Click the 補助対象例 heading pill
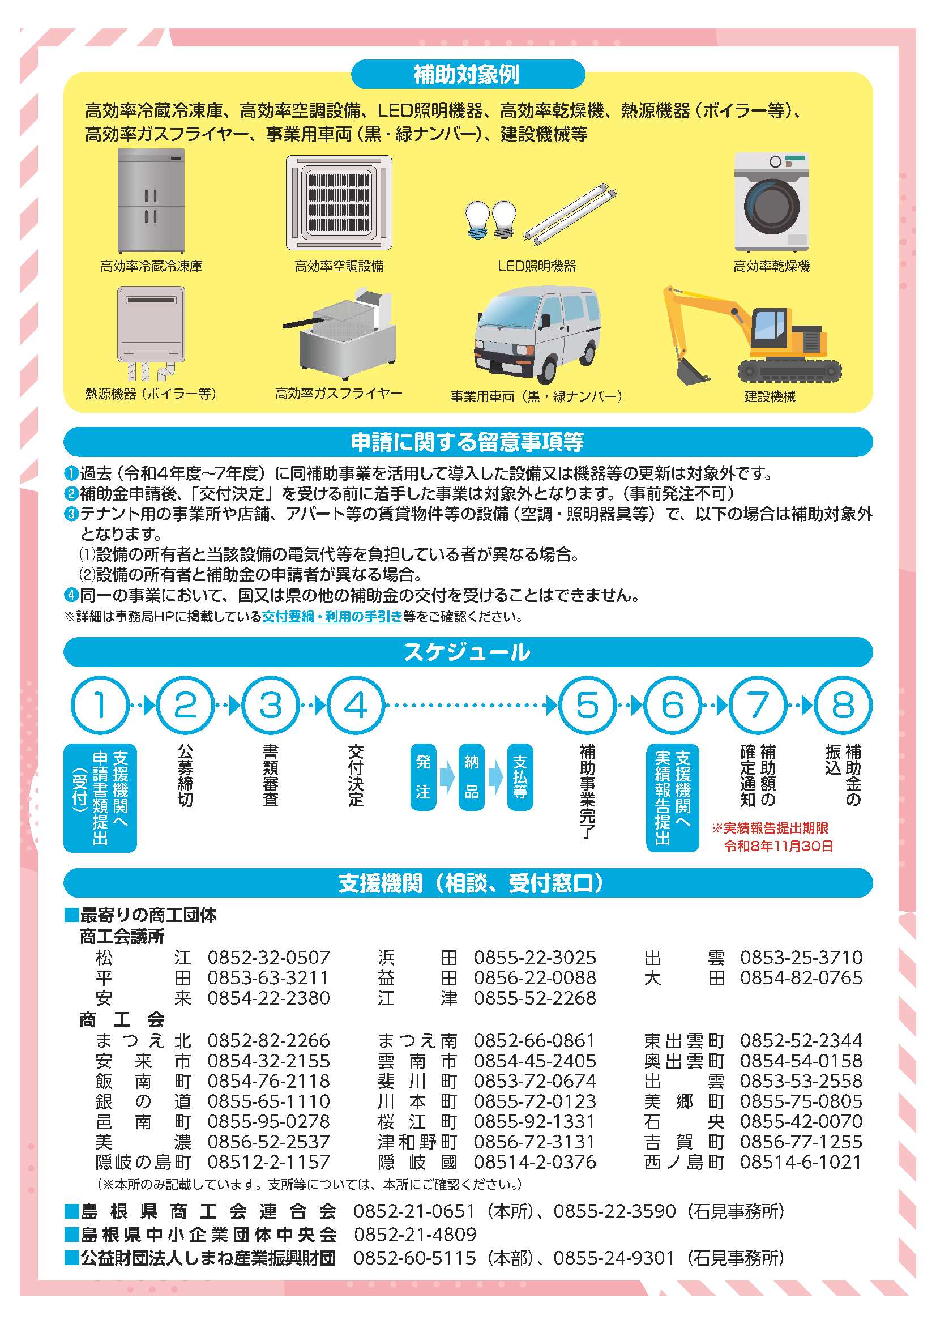pyautogui.click(x=468, y=74)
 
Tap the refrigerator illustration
pyautogui.click(x=151, y=200)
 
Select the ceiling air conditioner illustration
pyautogui.click(x=339, y=202)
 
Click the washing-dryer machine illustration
pyautogui.click(x=772, y=201)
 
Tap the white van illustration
pyautogui.click(x=536, y=335)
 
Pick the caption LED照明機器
pyautogui.click(x=537, y=266)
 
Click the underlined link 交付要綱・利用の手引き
pyautogui.click(x=332, y=617)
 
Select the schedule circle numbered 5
pyautogui.click(x=588, y=705)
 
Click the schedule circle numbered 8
pyautogui.click(x=843, y=705)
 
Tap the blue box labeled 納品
pyautogui.click(x=472, y=778)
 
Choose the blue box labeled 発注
pyautogui.click(x=424, y=778)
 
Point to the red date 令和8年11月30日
pyautogui.click(x=779, y=847)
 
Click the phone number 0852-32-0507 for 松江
pyautogui.click(x=269, y=957)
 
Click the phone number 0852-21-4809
pyautogui.click(x=415, y=1234)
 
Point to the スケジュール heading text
pyautogui.click(x=467, y=652)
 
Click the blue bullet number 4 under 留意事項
pyautogui.click(x=70, y=595)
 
